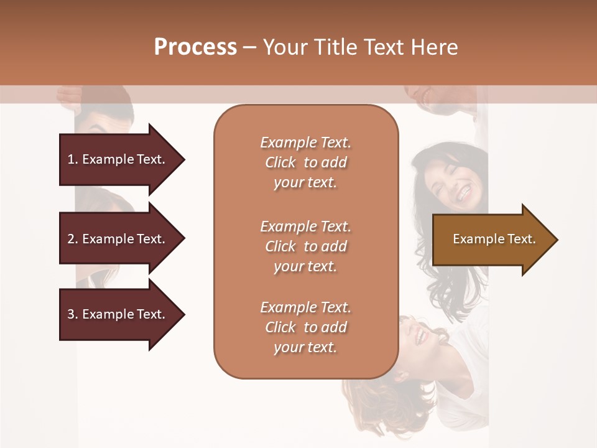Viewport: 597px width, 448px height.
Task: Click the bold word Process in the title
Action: point(195,47)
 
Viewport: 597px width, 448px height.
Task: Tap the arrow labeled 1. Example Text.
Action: point(118,159)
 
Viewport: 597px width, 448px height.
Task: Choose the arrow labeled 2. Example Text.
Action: point(118,239)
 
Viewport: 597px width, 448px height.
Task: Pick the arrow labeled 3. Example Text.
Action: point(118,314)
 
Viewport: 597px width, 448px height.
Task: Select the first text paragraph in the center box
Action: point(305,162)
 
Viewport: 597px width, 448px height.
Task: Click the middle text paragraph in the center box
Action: point(305,246)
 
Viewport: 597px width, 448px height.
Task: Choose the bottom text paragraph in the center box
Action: point(305,327)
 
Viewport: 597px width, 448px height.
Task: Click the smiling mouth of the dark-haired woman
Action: point(463,195)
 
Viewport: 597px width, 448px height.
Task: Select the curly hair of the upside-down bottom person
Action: point(379,398)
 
